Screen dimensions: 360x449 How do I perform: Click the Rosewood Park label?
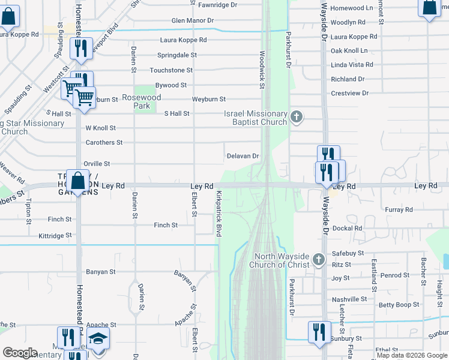(x=141, y=101)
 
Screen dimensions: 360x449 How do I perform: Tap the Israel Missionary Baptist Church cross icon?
(x=296, y=117)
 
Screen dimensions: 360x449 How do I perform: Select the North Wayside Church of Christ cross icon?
(x=319, y=260)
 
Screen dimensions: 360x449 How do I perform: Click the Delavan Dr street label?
(x=243, y=156)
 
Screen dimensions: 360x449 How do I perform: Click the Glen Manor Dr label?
(x=193, y=20)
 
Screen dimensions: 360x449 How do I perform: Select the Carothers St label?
(x=104, y=143)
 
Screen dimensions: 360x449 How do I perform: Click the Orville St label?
(x=97, y=163)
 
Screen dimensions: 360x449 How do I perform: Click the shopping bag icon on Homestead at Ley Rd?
(x=77, y=181)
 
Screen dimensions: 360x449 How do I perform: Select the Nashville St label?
(x=349, y=299)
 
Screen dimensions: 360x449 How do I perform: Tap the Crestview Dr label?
(x=349, y=94)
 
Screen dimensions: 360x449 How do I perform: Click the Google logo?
(x=20, y=353)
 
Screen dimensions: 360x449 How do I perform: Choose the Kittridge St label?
(x=55, y=236)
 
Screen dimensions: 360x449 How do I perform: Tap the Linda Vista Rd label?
(x=352, y=65)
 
